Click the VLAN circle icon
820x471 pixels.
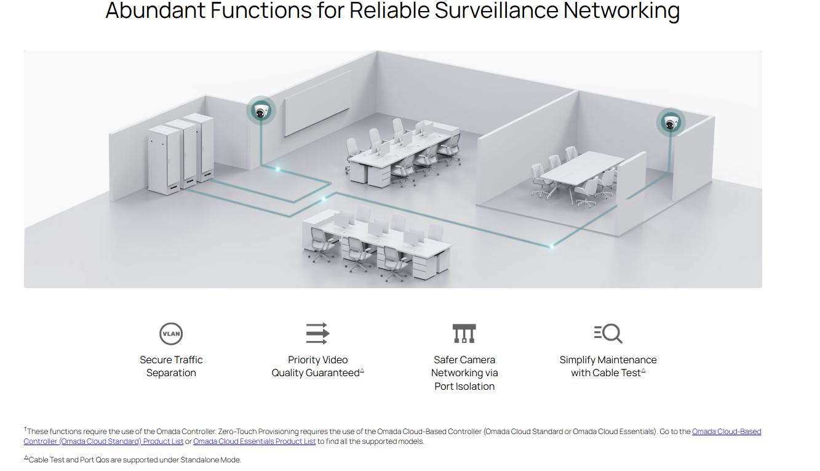[171, 334]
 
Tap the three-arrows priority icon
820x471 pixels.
[317, 333]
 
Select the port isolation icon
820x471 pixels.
[464, 334]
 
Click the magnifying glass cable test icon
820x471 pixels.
[608, 333]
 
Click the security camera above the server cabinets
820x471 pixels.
[261, 111]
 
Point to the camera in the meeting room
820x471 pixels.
[670, 122]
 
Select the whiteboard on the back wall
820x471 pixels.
[317, 103]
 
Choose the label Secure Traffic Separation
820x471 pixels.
[171, 366]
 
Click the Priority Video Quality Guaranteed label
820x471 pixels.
[317, 366]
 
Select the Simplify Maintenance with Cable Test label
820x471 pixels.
[608, 366]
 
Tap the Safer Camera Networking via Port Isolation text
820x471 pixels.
[464, 373]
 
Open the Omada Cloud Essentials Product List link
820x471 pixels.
[254, 441]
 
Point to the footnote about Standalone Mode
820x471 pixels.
[132, 460]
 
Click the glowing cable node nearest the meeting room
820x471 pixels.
[552, 246]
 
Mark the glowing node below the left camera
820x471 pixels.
[277, 168]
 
